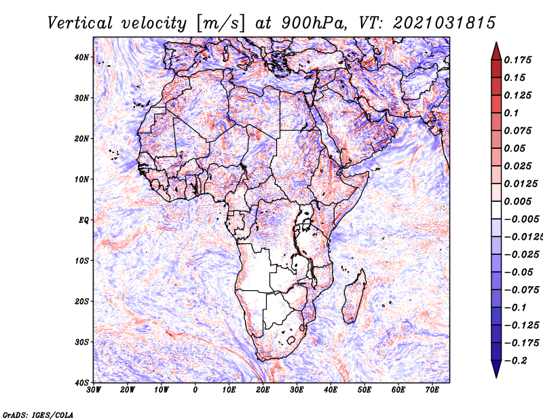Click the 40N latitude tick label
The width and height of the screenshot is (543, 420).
coord(81,57)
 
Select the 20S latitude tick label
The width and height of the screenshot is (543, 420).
coord(81,301)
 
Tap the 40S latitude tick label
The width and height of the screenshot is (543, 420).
coord(81,382)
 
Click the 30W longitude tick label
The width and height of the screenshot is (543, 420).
coord(94,389)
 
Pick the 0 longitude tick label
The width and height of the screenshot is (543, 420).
coord(195,389)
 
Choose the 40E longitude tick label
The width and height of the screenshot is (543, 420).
coord(331,389)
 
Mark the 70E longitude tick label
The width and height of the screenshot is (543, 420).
coord(432,389)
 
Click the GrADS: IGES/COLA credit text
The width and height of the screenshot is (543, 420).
coord(37,414)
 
